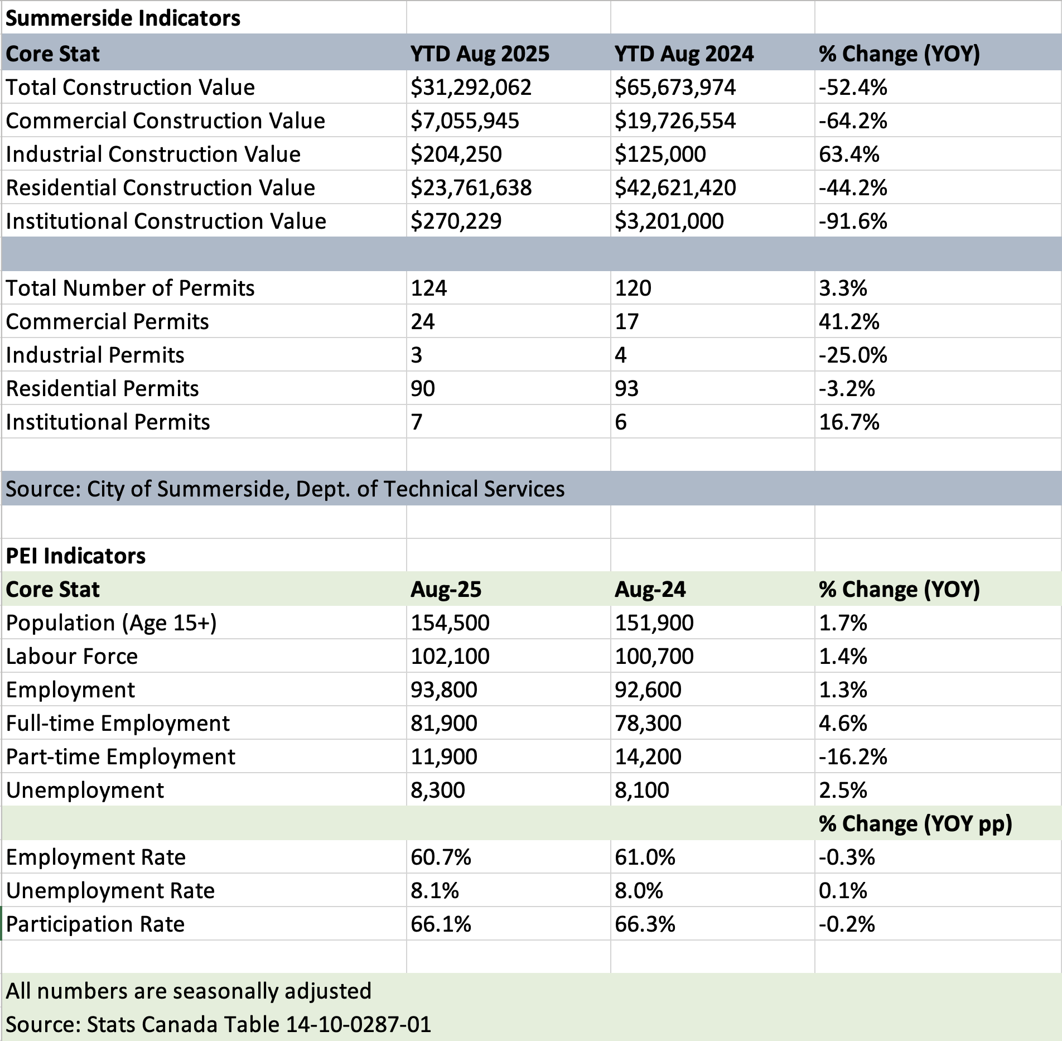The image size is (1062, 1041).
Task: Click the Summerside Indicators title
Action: pyautogui.click(x=123, y=18)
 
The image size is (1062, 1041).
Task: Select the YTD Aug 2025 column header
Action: pyautogui.click(x=480, y=54)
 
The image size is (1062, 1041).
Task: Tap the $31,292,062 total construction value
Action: pyautogui.click(x=471, y=88)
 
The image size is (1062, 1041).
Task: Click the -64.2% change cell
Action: pyautogui.click(x=852, y=121)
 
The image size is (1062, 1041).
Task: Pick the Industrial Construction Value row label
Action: pyautogui.click(x=153, y=155)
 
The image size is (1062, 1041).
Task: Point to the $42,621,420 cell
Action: pyautogui.click(x=675, y=188)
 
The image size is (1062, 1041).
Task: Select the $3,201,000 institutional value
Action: pyautogui.click(x=669, y=221)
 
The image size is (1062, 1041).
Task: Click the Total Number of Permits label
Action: pyautogui.click(x=130, y=288)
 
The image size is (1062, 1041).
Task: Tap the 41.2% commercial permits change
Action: pyautogui.click(x=848, y=322)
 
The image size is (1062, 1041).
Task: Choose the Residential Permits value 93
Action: pyautogui.click(x=626, y=389)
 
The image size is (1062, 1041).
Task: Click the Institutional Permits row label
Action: pyautogui.click(x=108, y=422)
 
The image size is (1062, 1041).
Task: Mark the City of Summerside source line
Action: pyautogui.click(x=285, y=489)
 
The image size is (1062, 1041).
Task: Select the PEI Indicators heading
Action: pyautogui.click(x=75, y=556)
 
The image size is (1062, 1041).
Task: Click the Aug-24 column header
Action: pyautogui.click(x=650, y=590)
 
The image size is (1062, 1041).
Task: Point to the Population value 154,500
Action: pyautogui.click(x=450, y=623)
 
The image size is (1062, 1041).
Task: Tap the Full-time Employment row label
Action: pyautogui.click(x=118, y=724)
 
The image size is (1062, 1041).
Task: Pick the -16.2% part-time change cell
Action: pyautogui.click(x=852, y=757)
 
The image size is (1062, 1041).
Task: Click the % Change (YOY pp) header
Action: pyautogui.click(x=915, y=824)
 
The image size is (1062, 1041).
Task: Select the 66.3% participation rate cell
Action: pyautogui.click(x=645, y=924)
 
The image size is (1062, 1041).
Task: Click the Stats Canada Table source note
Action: pyautogui.click(x=218, y=1025)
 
